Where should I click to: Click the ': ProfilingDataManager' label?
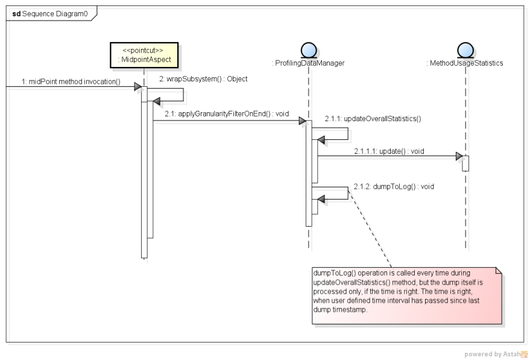(x=308, y=63)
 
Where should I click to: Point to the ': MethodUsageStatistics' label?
(x=464, y=63)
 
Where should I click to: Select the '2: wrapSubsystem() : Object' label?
(x=203, y=79)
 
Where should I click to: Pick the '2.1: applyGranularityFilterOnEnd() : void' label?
(x=227, y=113)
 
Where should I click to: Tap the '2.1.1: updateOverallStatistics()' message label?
(x=372, y=119)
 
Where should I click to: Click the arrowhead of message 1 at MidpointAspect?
(x=137, y=87)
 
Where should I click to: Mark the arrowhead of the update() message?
(x=459, y=157)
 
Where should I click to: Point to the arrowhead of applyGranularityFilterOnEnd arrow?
(x=302, y=121)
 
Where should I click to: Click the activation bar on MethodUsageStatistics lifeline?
(x=465, y=163)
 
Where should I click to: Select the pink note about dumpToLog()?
(x=406, y=295)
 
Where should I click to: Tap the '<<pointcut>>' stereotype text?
(x=145, y=50)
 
